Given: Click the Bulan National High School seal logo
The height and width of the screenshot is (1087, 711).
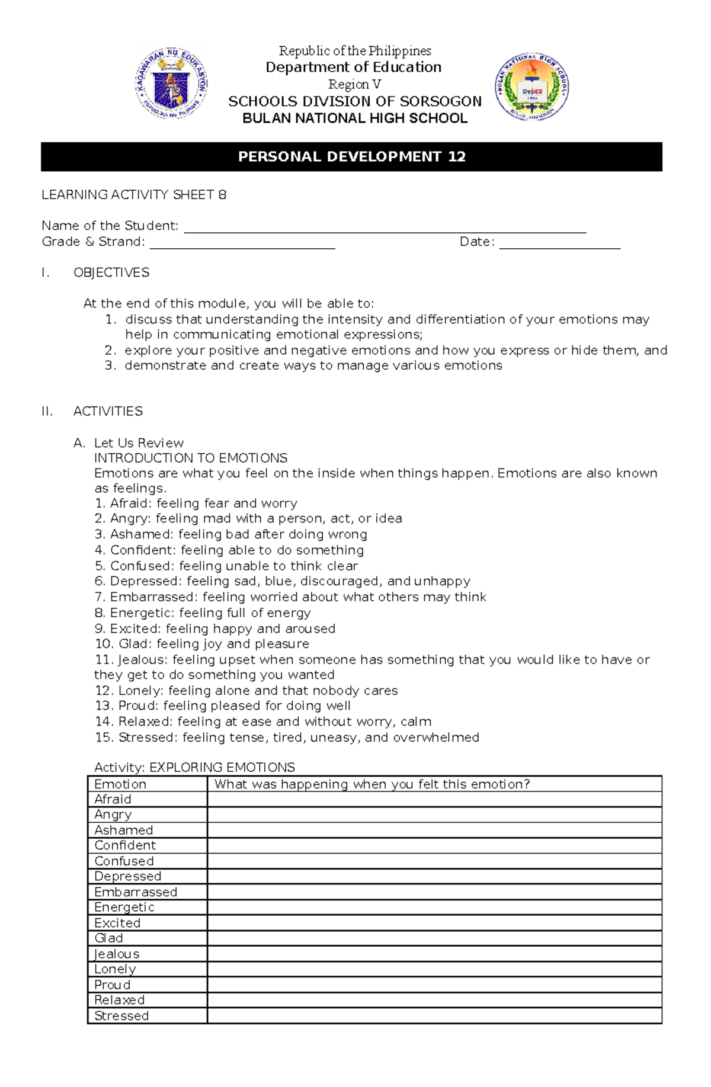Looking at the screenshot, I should click(531, 87).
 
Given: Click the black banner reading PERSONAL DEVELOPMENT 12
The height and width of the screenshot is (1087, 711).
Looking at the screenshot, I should click(351, 156).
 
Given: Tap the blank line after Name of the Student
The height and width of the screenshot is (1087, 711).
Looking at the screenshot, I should click(385, 228).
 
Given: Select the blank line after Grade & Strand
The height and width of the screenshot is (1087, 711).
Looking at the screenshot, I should click(242, 243).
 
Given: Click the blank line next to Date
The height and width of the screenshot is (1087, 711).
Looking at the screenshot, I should click(559, 243).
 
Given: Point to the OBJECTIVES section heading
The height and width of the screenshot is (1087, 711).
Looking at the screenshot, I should click(111, 272).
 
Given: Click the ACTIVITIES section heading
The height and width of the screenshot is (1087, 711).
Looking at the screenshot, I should click(108, 411).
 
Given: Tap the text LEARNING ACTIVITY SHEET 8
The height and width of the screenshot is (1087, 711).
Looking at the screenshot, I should click(134, 195).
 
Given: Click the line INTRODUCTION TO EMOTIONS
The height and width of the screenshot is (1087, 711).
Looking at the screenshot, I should click(191, 458).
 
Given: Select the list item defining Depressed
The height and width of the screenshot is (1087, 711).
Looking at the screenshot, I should click(283, 581).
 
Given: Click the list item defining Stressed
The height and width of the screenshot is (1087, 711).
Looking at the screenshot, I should click(287, 738).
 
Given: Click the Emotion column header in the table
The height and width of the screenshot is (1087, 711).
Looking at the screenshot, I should click(120, 784).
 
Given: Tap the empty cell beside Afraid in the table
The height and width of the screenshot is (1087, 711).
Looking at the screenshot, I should click(434, 799).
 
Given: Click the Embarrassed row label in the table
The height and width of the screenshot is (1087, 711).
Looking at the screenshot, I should click(136, 892).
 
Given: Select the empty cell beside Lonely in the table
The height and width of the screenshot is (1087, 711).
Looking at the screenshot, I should click(434, 969).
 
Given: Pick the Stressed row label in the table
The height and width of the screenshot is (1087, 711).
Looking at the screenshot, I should click(121, 1016).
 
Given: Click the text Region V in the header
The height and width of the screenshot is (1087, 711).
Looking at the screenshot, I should click(354, 84).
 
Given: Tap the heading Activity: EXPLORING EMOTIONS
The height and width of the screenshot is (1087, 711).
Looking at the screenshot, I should click(194, 768).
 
